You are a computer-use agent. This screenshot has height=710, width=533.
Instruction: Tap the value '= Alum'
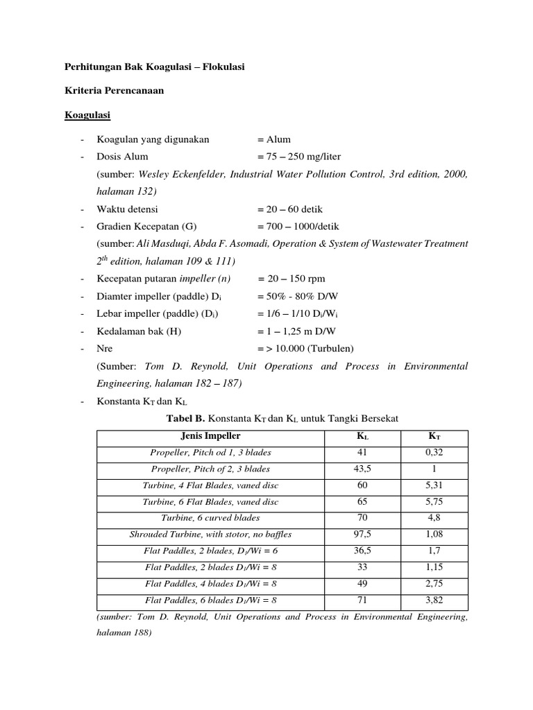point(273,139)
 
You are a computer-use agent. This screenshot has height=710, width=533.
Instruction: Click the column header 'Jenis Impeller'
point(210,436)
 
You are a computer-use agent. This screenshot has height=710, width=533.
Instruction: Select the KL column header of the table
point(362,437)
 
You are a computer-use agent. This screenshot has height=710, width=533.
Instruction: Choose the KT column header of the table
point(432,437)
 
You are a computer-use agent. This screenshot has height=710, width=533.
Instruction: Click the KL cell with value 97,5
point(362,535)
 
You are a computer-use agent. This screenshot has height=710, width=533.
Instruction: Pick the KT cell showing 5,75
point(432,501)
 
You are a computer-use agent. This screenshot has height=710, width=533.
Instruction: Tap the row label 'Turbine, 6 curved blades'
point(210,518)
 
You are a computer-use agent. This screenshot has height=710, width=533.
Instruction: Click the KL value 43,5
point(362,469)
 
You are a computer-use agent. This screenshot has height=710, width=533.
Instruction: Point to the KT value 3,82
point(432,600)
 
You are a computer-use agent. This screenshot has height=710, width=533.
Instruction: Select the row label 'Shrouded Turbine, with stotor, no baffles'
point(210,535)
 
